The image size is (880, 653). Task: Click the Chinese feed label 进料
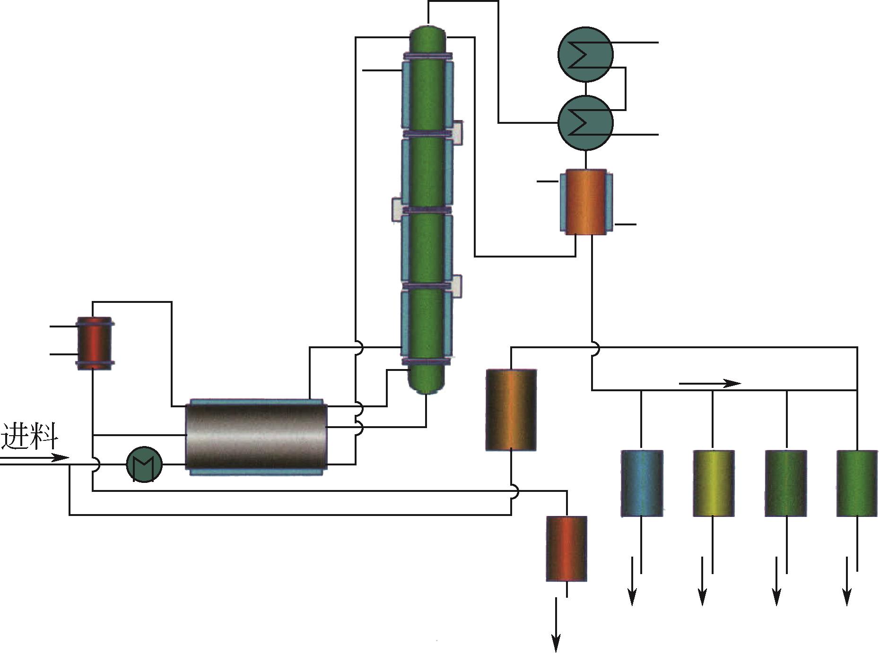tap(29, 436)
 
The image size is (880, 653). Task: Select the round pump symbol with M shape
tap(144, 464)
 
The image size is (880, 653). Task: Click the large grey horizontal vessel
tap(257, 437)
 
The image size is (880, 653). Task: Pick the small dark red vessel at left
tap(95, 344)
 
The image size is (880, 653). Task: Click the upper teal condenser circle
tap(585, 54)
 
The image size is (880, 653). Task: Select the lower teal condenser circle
tap(585, 123)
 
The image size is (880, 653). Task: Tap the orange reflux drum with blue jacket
tap(586, 202)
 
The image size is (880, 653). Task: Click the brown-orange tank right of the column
tap(511, 410)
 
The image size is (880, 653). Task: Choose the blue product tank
tap(642, 483)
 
